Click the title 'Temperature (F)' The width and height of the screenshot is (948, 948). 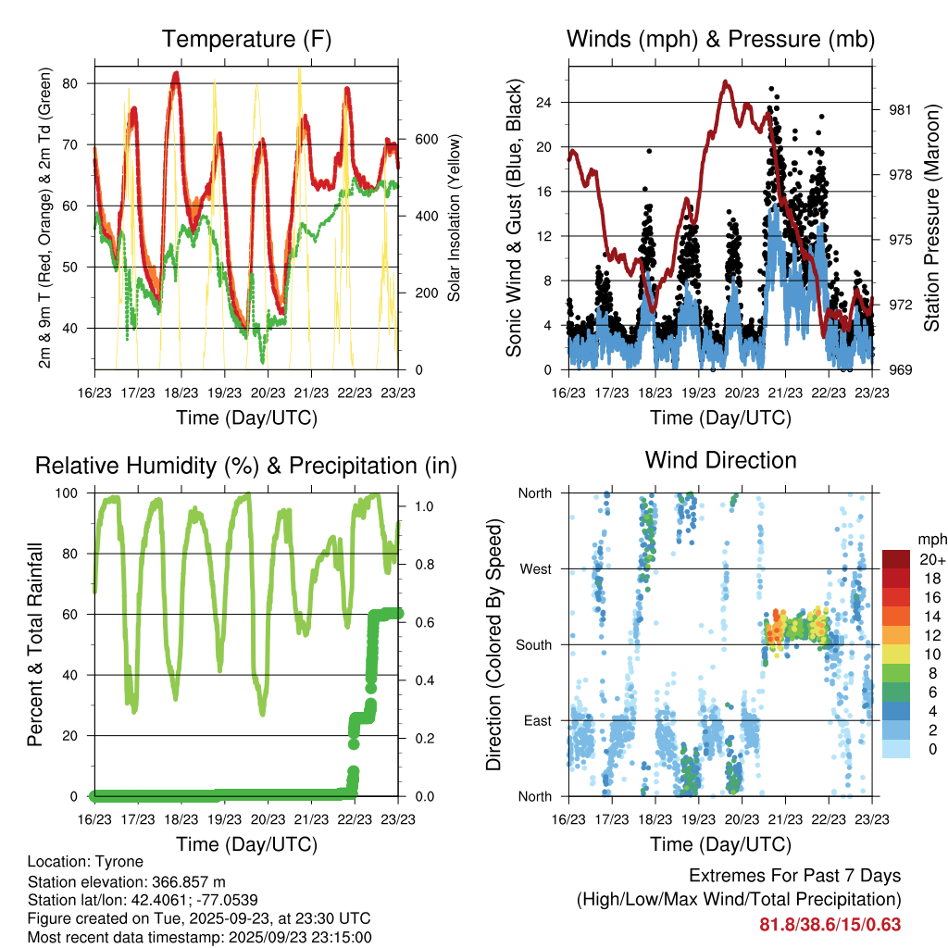tap(245, 40)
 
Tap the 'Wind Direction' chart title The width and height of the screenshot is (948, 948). tap(720, 460)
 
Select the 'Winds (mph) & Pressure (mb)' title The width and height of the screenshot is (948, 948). tap(720, 40)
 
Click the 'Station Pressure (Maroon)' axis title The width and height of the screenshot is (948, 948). tap(931, 218)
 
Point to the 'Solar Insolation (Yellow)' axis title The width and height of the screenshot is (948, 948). tap(455, 218)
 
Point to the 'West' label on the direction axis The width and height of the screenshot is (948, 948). tap(536, 568)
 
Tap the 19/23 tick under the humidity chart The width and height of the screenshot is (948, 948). tap(223, 819)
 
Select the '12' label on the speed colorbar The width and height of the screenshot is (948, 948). tap(926, 635)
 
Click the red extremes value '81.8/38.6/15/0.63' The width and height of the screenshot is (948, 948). tap(830, 924)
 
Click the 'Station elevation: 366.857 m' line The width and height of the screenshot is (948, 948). tap(127, 881)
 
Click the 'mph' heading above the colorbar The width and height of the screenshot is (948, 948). tap(930, 538)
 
